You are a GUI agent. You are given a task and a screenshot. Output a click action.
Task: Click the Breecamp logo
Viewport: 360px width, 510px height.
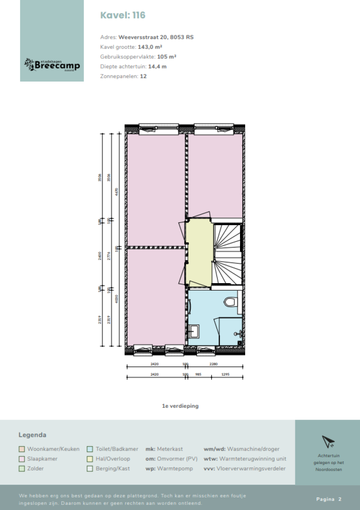52,65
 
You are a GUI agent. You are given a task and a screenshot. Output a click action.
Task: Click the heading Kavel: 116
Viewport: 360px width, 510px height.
123,15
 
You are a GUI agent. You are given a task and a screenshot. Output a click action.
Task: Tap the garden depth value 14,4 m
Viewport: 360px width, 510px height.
157,67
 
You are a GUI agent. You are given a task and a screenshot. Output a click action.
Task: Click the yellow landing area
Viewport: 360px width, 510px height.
199,253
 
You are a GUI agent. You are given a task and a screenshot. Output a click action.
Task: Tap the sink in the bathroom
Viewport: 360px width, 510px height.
193,332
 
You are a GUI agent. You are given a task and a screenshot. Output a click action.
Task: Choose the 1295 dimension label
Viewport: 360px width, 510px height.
227,375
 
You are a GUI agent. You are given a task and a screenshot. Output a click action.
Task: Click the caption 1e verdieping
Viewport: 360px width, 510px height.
180,406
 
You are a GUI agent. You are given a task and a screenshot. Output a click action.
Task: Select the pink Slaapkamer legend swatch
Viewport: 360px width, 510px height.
22,459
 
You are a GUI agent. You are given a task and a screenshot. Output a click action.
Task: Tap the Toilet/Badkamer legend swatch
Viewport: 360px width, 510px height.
90,449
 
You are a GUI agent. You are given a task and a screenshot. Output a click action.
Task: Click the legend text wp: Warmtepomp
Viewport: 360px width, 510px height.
169,469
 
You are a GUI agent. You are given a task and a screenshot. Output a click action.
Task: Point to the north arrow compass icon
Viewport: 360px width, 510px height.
327,442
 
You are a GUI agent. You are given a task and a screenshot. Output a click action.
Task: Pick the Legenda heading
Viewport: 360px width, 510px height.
32,435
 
